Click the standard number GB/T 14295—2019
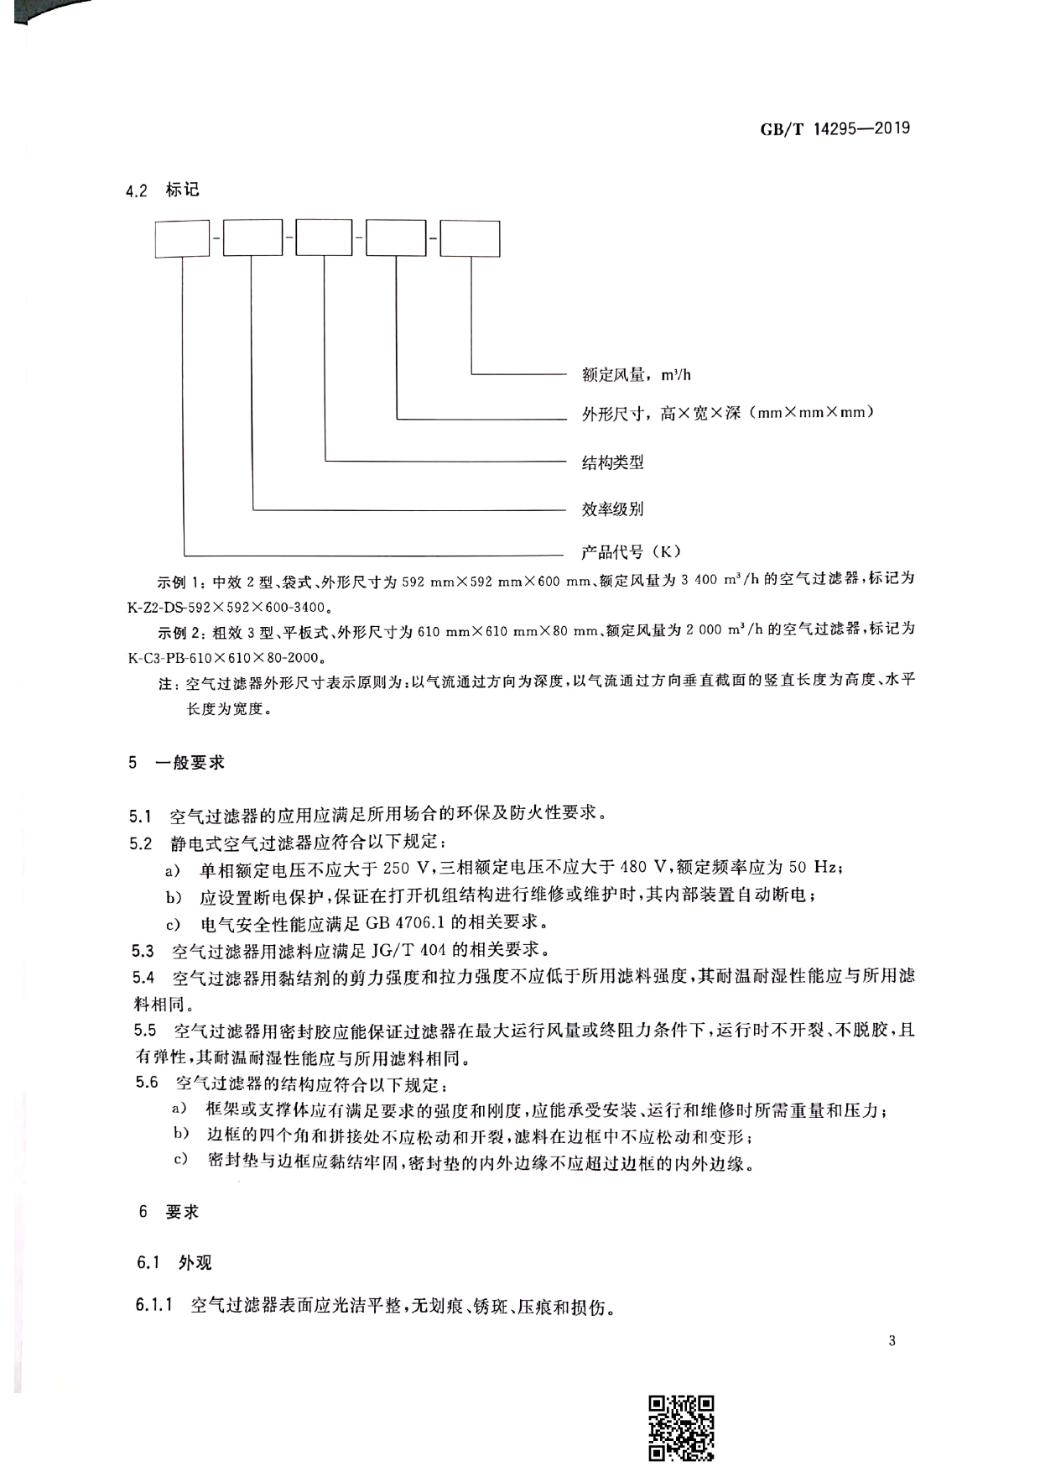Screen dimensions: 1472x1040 point(835,129)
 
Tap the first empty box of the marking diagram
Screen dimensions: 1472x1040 point(182,238)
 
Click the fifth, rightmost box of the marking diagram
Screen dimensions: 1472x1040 point(470,238)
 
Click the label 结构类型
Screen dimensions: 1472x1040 point(612,462)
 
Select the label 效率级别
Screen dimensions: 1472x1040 point(612,509)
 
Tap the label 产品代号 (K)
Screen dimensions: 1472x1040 point(632,551)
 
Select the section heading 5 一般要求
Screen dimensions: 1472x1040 point(177,763)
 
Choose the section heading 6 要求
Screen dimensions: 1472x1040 point(169,1212)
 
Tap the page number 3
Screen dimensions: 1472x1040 point(892,1340)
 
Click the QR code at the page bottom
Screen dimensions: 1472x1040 point(681,1429)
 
